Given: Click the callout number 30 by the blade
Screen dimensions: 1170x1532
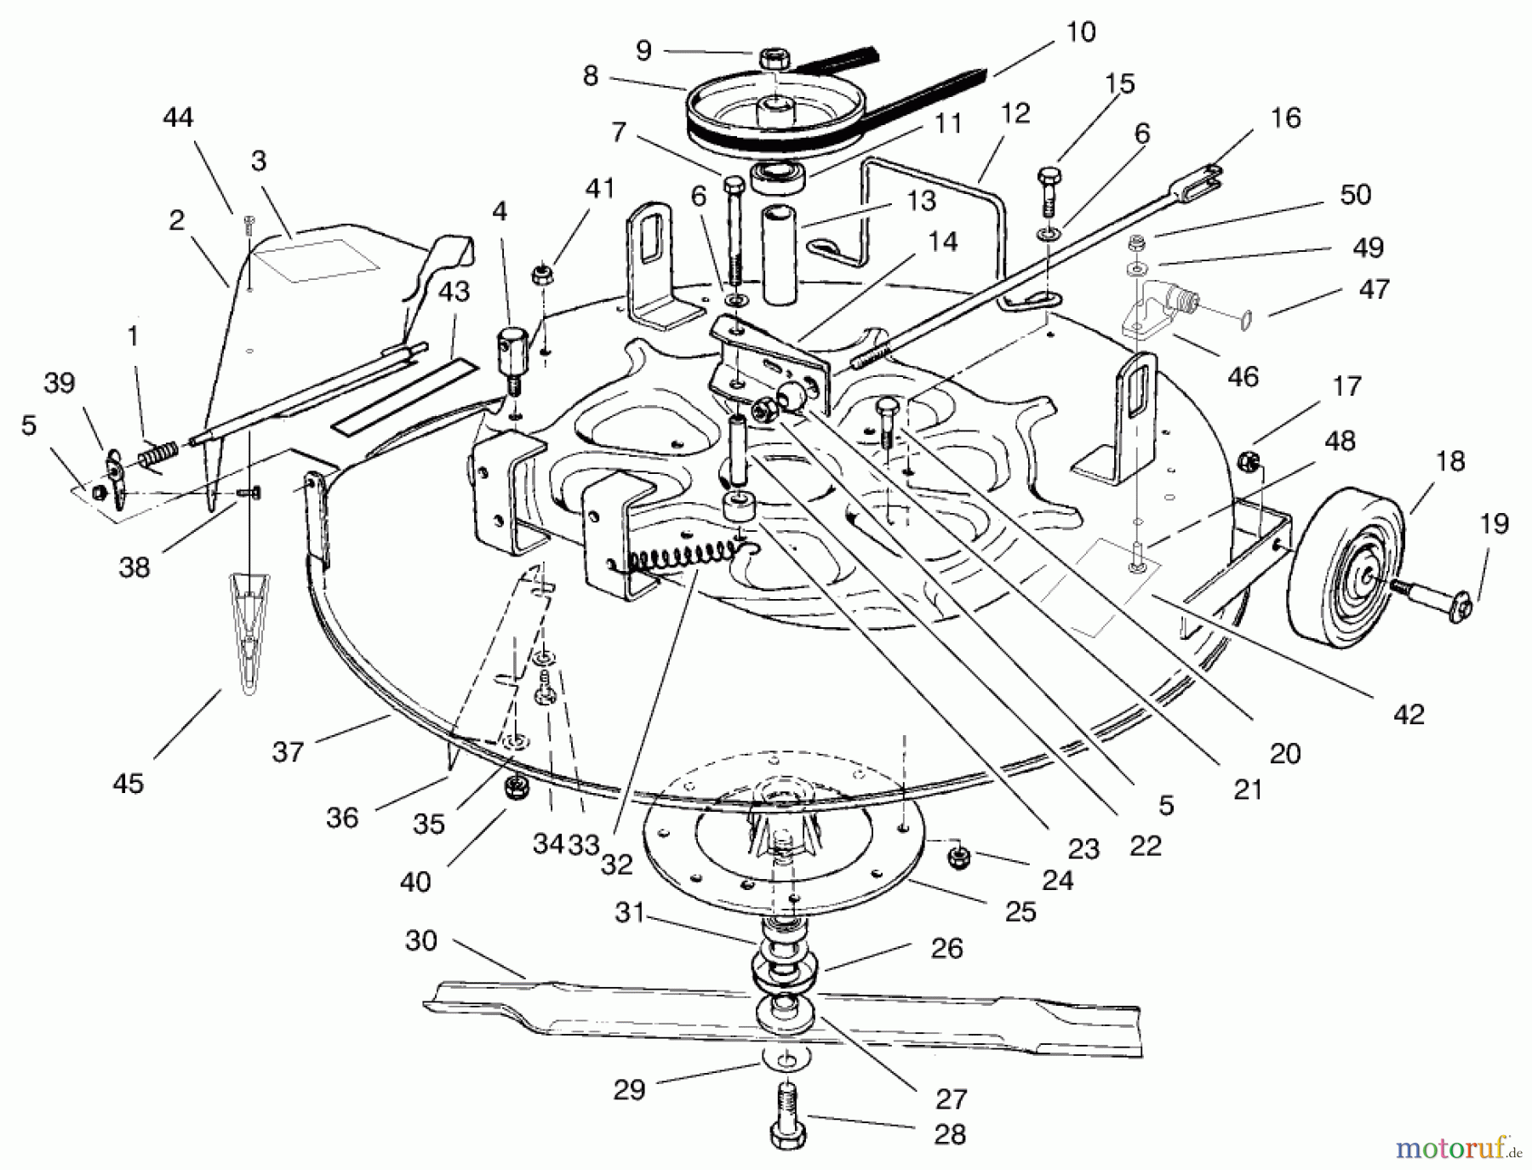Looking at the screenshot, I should [x=421, y=940].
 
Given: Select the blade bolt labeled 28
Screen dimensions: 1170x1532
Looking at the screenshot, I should [x=788, y=1115].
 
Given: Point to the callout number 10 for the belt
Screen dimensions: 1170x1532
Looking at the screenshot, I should [x=1080, y=32].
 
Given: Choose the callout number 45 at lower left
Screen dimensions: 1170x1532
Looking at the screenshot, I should [x=129, y=783].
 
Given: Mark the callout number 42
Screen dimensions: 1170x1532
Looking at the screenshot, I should [x=1409, y=713].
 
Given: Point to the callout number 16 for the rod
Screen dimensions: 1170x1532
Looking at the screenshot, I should [x=1285, y=117].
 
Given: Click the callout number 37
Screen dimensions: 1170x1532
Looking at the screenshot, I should [x=288, y=751].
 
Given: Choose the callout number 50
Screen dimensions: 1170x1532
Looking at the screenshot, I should [x=1355, y=194].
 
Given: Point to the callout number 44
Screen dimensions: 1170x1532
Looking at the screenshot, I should [x=178, y=117].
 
